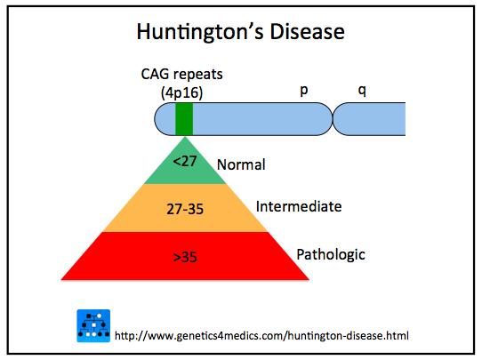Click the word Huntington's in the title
(200, 32)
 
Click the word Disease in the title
(308, 32)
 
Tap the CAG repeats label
(181, 75)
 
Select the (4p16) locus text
(182, 92)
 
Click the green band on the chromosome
(184, 119)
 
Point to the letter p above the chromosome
(304, 91)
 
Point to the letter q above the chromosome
(362, 91)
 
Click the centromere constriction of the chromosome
(333, 119)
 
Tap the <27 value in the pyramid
(185, 161)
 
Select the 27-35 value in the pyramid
(185, 209)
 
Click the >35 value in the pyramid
(185, 257)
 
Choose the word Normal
(241, 164)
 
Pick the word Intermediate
(299, 206)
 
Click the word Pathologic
(331, 254)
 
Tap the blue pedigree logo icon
(93, 325)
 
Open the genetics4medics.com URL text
(261, 335)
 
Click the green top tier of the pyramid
(185, 166)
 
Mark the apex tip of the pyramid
(185, 137)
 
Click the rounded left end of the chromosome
(163, 119)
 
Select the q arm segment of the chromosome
(369, 119)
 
